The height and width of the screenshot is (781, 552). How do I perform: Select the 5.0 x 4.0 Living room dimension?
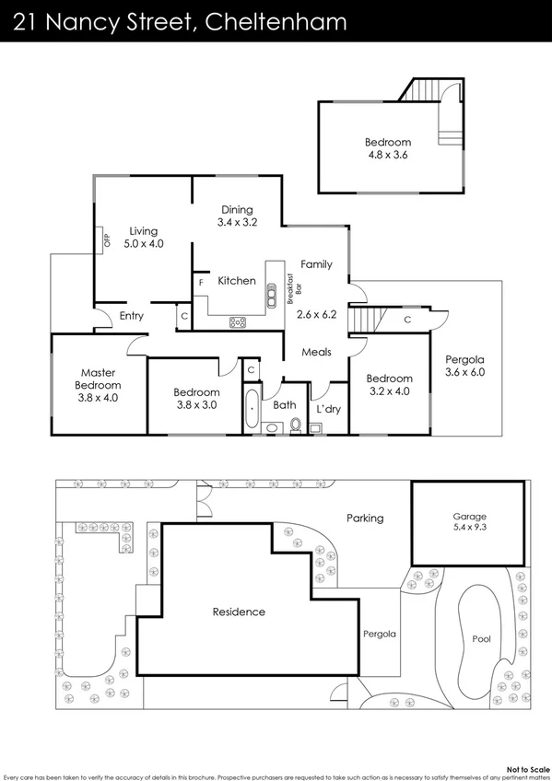143,244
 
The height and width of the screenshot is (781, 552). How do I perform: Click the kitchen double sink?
272,293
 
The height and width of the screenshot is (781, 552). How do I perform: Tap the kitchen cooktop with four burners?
238,321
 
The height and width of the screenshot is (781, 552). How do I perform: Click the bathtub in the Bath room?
251,409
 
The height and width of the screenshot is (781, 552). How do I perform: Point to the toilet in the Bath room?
296,425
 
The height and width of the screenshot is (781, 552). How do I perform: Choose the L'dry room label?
328,408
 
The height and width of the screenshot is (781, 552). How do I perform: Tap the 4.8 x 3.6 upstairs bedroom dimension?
387,156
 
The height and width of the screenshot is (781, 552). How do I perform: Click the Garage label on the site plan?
469,517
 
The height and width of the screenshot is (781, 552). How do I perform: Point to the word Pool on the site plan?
481,638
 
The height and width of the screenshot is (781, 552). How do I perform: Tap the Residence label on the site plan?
239,612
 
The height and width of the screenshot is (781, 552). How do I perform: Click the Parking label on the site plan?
365,518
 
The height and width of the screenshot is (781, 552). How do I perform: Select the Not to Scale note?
528,767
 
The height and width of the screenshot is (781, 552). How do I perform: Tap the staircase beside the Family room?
366,321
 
